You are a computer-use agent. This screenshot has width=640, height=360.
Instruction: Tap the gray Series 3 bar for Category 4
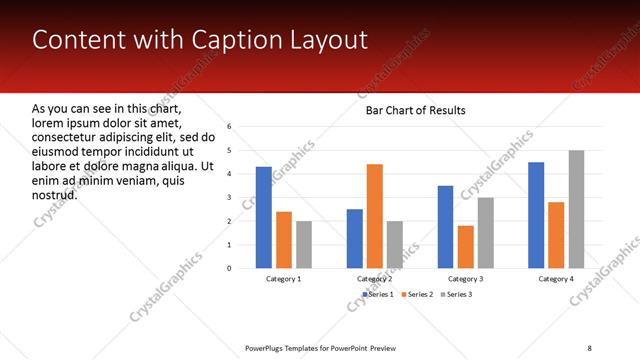(x=576, y=209)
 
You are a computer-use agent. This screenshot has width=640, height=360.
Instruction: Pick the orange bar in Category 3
(x=465, y=246)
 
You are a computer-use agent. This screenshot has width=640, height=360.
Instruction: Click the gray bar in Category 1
(x=304, y=244)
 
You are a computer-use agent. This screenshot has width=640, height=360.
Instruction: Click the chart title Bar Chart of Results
(x=415, y=110)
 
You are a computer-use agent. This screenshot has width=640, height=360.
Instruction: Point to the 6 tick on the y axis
(x=229, y=127)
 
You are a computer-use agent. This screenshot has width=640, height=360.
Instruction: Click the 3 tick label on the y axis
(x=229, y=197)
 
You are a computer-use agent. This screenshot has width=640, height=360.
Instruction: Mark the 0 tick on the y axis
(x=229, y=268)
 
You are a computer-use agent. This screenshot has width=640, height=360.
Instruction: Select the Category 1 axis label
(x=284, y=279)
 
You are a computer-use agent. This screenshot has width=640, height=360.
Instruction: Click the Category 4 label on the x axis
(x=556, y=279)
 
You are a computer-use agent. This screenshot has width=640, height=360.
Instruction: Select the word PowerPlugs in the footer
(x=266, y=347)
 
